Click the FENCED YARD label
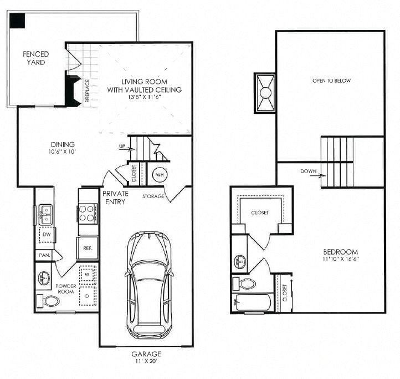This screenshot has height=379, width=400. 35,58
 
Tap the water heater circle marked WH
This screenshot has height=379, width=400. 160,174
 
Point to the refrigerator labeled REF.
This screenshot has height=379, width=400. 88,248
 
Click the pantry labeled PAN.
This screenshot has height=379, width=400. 44,255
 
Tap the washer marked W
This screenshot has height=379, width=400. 87,274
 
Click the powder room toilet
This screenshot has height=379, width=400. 49,302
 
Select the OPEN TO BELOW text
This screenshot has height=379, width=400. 331,81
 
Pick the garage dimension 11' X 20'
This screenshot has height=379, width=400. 146,361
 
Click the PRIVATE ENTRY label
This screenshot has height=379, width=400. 115,198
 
